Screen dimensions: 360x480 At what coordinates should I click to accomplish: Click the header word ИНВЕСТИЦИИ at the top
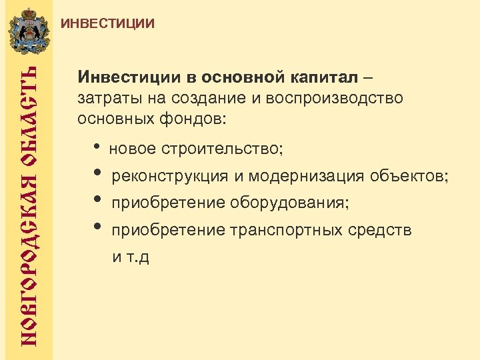coord(108,24)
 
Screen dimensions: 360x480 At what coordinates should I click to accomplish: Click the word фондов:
coord(197,120)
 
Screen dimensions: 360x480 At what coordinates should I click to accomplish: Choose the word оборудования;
coord(290,203)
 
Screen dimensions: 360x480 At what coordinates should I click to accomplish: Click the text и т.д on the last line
coord(130,257)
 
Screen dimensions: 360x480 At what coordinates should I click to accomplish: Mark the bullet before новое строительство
coord(97,147)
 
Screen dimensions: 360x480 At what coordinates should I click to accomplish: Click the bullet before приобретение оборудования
coord(97,201)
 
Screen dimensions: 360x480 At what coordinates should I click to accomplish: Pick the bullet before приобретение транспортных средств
coord(97,228)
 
